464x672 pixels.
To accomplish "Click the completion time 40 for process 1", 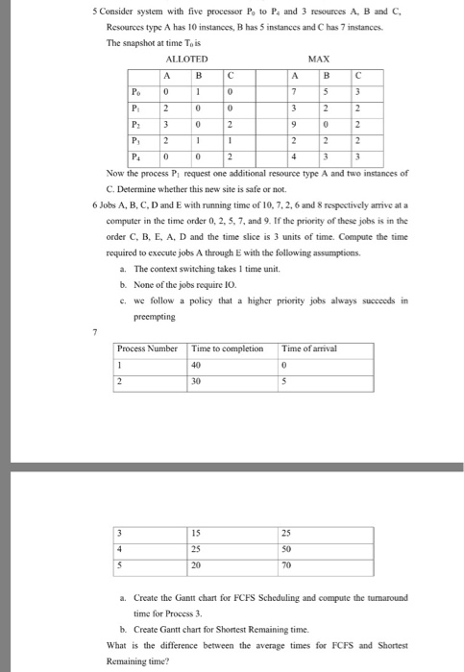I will pos(198,364).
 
